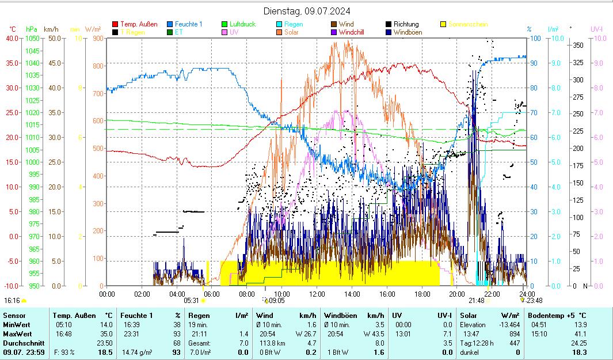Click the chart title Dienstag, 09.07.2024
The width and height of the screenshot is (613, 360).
tap(306, 11)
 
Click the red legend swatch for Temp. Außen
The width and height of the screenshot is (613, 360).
tap(115, 24)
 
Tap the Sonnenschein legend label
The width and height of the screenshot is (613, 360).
tap(468, 24)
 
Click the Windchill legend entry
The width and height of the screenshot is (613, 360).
tap(356, 32)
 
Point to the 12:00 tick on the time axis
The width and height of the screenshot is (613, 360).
tap(317, 294)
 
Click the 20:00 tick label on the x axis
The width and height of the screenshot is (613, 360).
tap(456, 294)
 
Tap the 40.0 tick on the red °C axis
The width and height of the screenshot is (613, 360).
tap(12, 38)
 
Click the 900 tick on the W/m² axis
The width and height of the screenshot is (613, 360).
tap(97, 38)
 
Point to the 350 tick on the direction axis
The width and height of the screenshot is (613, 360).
tap(578, 45)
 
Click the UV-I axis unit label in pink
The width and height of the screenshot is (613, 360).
tap(597, 29)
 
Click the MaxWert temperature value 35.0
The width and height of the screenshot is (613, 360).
tap(106, 334)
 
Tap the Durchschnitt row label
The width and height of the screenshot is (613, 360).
tap(21, 343)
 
